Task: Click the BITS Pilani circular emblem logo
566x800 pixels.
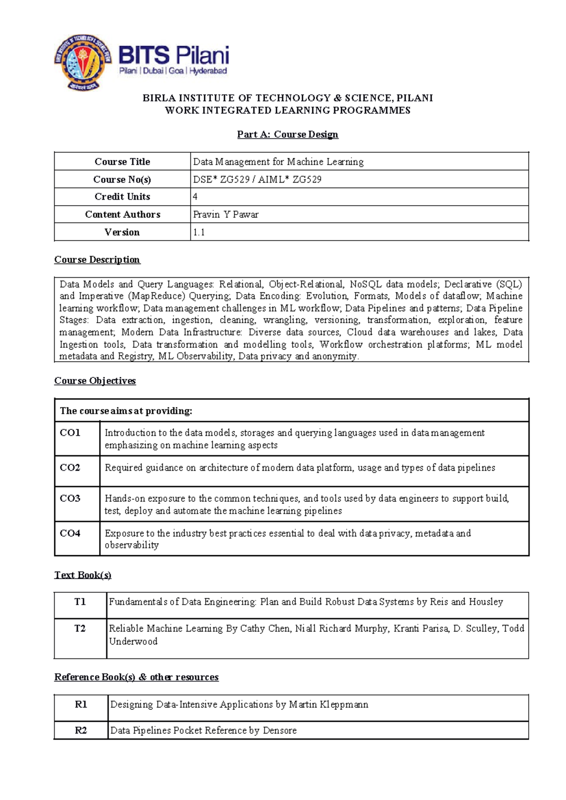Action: click(x=83, y=62)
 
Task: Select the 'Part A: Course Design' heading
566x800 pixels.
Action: click(x=287, y=134)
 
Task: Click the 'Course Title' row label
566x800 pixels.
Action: click(x=122, y=162)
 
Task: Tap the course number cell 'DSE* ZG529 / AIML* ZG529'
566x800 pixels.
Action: click(x=257, y=179)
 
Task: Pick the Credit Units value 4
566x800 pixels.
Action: click(x=195, y=197)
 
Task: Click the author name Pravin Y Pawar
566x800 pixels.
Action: click(x=225, y=215)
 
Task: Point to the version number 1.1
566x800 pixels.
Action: click(x=199, y=232)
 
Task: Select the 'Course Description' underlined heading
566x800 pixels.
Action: click(x=97, y=259)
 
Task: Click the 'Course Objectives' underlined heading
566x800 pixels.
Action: click(x=95, y=381)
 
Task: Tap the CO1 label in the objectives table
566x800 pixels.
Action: click(x=70, y=433)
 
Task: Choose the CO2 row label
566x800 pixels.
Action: click(x=70, y=467)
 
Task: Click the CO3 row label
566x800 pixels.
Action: click(x=70, y=498)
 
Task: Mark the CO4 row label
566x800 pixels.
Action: click(x=70, y=533)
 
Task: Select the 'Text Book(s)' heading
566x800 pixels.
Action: click(x=83, y=575)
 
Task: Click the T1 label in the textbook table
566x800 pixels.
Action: click(x=80, y=602)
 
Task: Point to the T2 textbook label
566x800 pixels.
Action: click(x=80, y=628)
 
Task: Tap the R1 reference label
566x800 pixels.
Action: click(x=81, y=704)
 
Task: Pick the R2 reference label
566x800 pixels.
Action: click(x=81, y=730)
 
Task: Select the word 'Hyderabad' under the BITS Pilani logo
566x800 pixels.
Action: click(x=208, y=71)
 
